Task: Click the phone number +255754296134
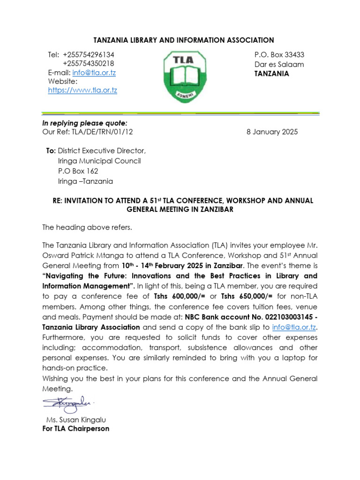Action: pos(88,55)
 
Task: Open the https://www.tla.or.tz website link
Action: pos(82,90)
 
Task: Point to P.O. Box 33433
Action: pos(279,55)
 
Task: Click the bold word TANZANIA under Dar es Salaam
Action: pos(271,74)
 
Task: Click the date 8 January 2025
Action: pos(272,132)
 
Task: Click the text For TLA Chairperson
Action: pos(75,428)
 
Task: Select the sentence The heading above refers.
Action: pos(87,228)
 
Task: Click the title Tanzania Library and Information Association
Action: pos(180,40)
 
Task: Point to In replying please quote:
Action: pos(78,123)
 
